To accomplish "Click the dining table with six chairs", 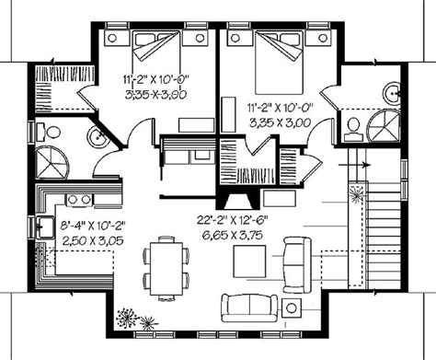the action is tap(166, 268).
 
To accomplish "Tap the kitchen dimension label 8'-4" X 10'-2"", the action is tap(93, 226).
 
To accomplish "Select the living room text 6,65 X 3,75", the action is tap(232, 235).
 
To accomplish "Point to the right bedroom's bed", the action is tap(279, 63).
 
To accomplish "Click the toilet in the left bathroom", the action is tap(49, 133).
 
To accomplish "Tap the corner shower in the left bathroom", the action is tap(52, 163).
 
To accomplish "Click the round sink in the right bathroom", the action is tap(392, 91).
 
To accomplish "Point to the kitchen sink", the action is tap(45, 227).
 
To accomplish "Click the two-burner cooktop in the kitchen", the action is tap(79, 200).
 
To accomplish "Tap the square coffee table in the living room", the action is tap(249, 261).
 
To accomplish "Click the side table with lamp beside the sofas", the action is tap(292, 308).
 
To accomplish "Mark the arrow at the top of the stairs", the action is tap(355, 165).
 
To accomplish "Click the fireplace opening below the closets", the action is tap(239, 201).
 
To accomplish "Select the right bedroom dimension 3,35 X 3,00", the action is tap(281, 123).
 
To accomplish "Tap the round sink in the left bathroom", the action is tap(98, 136).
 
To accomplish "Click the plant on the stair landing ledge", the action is tap(356, 195).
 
